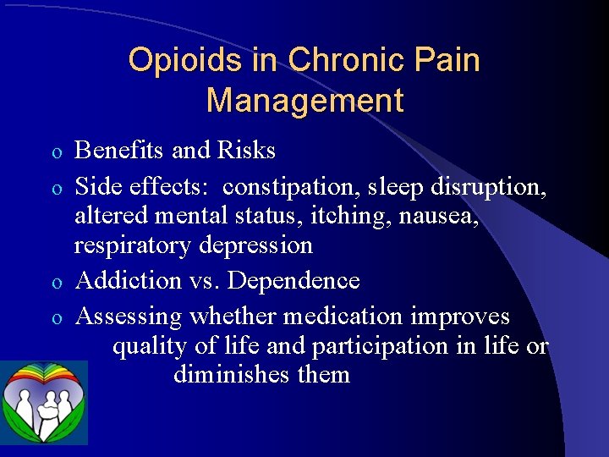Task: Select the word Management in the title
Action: tap(304, 101)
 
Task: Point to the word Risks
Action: tap(246, 151)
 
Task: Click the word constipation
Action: tap(287, 186)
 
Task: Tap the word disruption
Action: tap(488, 184)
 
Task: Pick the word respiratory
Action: tap(134, 246)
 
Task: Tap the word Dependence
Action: tap(294, 281)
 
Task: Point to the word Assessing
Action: tap(129, 317)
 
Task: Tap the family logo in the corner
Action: tap(44, 403)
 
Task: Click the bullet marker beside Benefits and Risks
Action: tap(56, 152)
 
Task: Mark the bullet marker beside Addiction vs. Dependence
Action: tap(56, 282)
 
